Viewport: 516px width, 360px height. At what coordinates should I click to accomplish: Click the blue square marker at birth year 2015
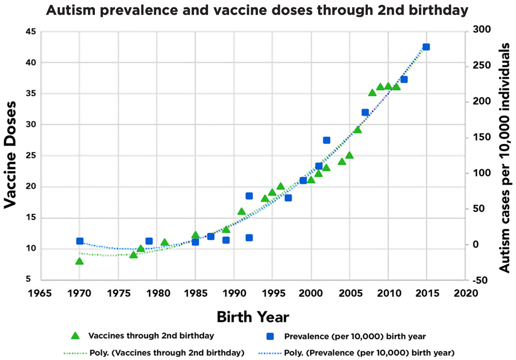426,47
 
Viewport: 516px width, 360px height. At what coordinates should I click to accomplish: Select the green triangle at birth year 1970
79,261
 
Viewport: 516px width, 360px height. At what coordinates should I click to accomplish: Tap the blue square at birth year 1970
80,241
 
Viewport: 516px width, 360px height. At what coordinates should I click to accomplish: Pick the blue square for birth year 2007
365,112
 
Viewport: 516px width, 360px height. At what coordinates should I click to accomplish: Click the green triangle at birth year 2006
357,130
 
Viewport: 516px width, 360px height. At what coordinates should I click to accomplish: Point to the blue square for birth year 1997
288,198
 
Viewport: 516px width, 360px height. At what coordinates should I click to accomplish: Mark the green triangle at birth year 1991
241,211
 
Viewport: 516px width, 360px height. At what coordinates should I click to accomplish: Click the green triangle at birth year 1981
164,242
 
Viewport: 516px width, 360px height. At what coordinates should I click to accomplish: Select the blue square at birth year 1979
149,241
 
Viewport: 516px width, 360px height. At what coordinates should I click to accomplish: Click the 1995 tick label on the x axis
274,294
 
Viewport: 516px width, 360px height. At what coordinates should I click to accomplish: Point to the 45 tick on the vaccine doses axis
31,31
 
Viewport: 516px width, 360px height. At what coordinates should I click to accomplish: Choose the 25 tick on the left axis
31,156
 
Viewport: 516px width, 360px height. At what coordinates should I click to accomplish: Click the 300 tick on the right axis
482,29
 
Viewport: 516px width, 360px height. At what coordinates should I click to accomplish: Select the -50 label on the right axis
480,280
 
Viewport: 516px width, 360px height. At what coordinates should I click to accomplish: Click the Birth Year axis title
253,317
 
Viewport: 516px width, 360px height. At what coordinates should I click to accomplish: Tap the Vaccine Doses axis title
10,155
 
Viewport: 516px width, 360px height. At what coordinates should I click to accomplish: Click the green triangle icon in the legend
75,336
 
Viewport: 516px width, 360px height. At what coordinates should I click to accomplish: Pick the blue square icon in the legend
270,336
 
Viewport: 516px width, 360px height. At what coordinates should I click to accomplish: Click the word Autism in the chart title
71,10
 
